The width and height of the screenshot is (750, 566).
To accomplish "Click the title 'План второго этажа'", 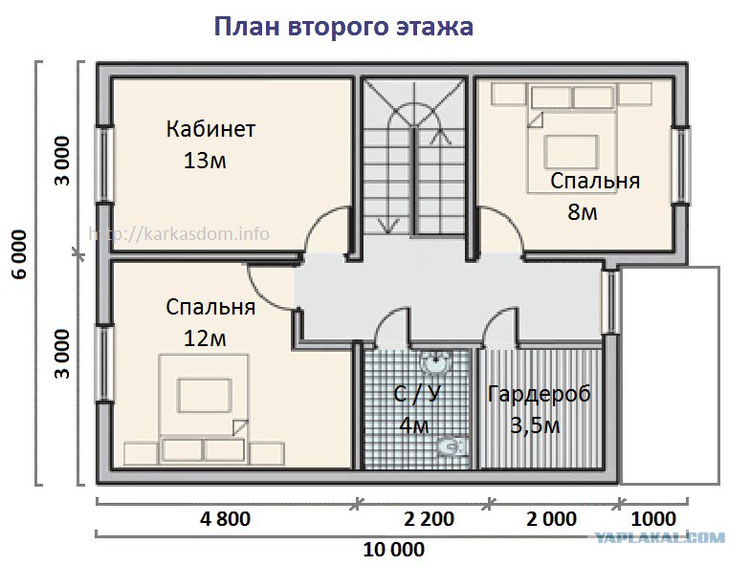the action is (342, 27).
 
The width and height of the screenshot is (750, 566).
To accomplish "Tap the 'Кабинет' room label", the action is (210, 129).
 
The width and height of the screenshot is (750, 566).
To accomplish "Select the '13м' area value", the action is (205, 161).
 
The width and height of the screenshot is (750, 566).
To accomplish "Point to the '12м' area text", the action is (205, 338).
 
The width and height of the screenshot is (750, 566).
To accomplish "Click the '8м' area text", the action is (583, 212).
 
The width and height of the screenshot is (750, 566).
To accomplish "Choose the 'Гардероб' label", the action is (540, 394).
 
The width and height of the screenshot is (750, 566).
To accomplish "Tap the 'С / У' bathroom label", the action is (417, 394).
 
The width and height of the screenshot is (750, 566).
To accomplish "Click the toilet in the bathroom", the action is (452, 446).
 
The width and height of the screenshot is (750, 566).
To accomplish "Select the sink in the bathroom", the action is (435, 363).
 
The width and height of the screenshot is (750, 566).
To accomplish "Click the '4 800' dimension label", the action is (226, 518).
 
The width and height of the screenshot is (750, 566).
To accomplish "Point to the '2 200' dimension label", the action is (429, 518).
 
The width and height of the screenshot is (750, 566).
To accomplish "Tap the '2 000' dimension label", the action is (551, 518).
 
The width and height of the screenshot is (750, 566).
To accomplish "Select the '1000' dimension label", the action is (653, 518).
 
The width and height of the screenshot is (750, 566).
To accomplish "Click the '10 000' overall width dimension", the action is (394, 550).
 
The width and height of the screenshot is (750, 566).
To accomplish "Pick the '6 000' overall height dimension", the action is (20, 254).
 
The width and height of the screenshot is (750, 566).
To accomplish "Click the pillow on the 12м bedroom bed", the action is (205, 395).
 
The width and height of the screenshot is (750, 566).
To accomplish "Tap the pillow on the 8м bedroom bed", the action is (572, 152).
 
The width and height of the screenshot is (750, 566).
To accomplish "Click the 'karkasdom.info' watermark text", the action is (179, 234).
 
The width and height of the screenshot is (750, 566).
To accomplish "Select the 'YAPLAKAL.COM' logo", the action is (660, 537).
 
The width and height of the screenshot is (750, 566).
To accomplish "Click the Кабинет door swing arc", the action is (320, 220).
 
